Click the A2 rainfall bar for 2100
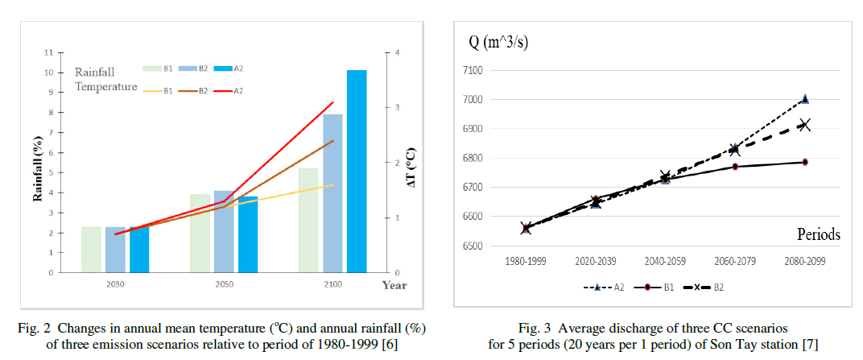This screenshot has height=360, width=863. pos(357,171)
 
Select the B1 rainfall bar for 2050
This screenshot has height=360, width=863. pos(200,233)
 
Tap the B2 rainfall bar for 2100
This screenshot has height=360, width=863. pos(332,193)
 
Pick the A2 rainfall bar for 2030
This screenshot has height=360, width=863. pos(139,250)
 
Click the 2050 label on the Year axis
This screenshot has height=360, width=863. pos(224,284)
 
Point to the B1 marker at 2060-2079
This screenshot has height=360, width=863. pos(734,167)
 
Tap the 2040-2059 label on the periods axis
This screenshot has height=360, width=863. pos(664,262)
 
